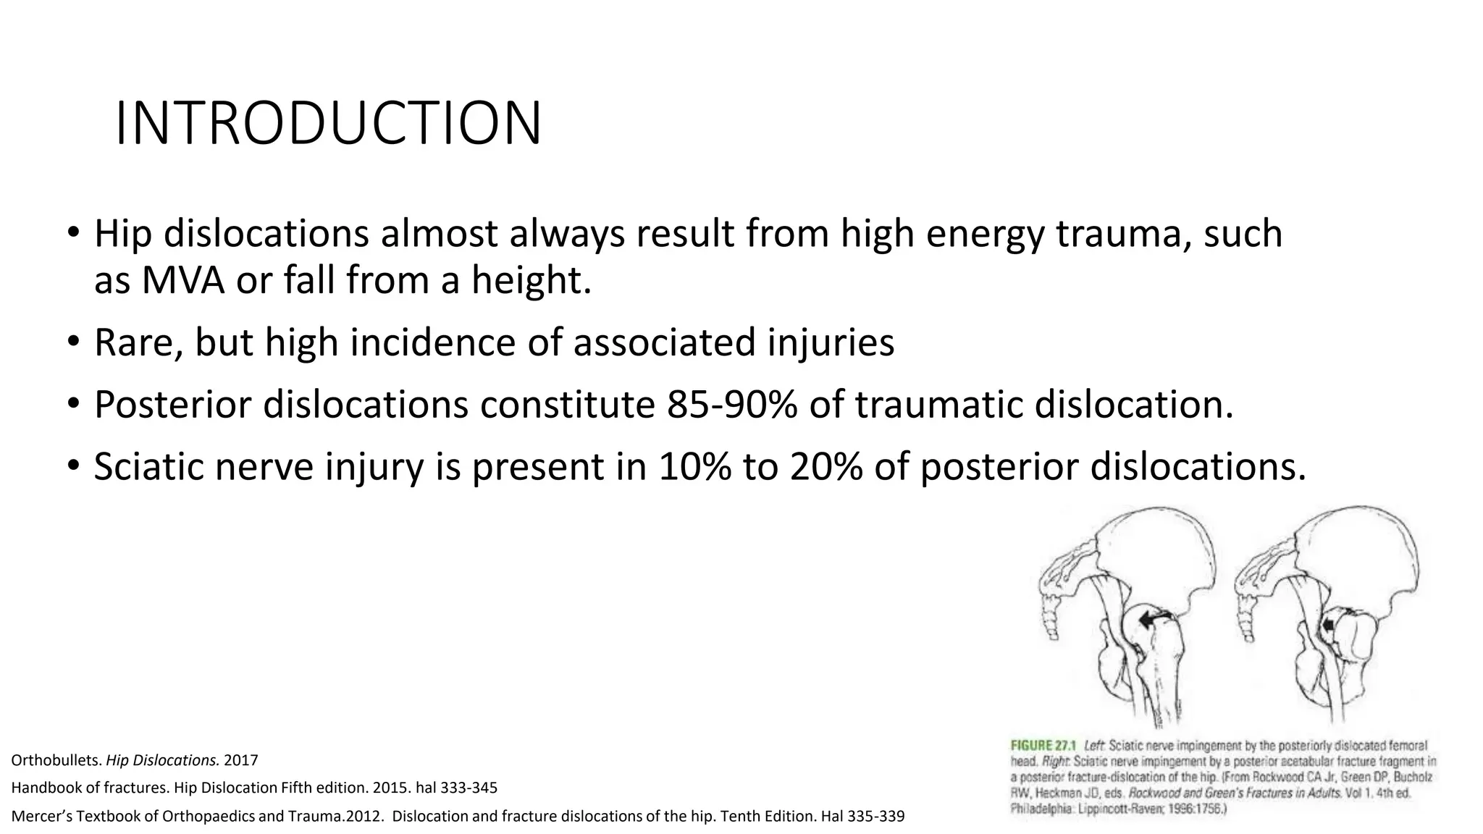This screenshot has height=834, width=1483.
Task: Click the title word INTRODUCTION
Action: [328, 124]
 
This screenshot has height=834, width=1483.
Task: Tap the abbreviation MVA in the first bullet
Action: [183, 280]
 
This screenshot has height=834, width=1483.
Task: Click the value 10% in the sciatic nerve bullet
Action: [694, 466]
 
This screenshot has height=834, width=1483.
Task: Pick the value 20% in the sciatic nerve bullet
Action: [826, 466]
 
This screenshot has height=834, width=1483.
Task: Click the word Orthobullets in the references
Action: [56, 761]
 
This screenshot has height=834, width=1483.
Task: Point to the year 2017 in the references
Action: [241, 761]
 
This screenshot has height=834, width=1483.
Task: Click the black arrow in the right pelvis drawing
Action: [1328, 625]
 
